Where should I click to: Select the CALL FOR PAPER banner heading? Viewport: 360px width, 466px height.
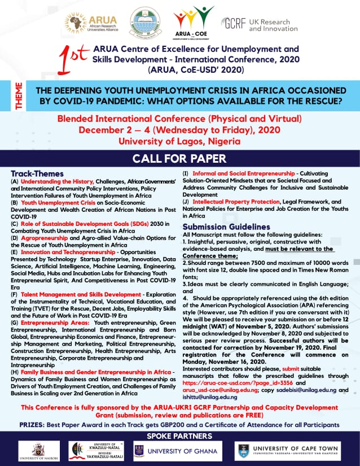[179, 158]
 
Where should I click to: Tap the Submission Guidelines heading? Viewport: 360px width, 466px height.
[226, 227]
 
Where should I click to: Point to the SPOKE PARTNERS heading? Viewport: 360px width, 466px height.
[179, 436]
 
